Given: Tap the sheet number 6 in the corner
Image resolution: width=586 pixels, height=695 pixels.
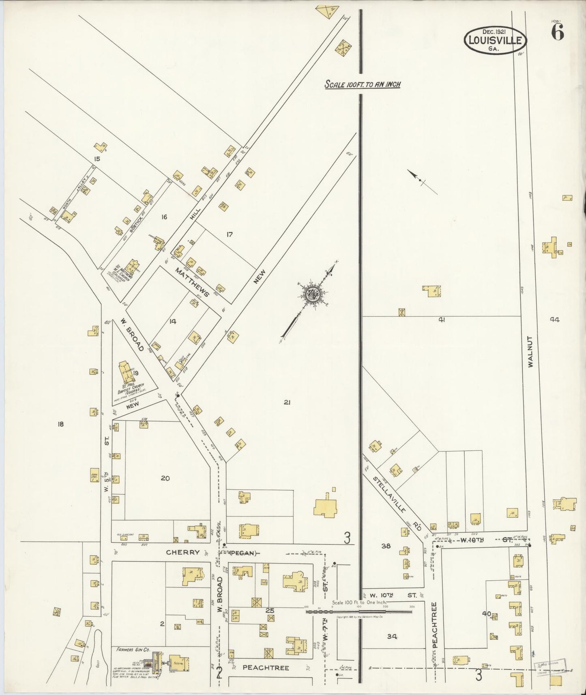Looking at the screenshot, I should [557, 33].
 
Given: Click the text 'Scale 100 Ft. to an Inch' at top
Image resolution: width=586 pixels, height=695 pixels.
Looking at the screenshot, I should [363, 84].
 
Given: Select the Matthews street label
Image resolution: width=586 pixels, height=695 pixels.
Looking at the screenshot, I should [192, 281].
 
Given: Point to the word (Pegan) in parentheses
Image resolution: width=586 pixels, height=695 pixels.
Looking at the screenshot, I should [244, 553].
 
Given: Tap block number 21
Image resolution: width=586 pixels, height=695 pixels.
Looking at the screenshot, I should [287, 402].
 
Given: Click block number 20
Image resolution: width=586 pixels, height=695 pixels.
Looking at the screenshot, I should [165, 478].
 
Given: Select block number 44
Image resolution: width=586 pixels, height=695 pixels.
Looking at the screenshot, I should [554, 319].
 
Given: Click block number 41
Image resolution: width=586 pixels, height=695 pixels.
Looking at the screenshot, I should [442, 320].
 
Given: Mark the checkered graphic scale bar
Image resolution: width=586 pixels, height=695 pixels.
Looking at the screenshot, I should [359, 611].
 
